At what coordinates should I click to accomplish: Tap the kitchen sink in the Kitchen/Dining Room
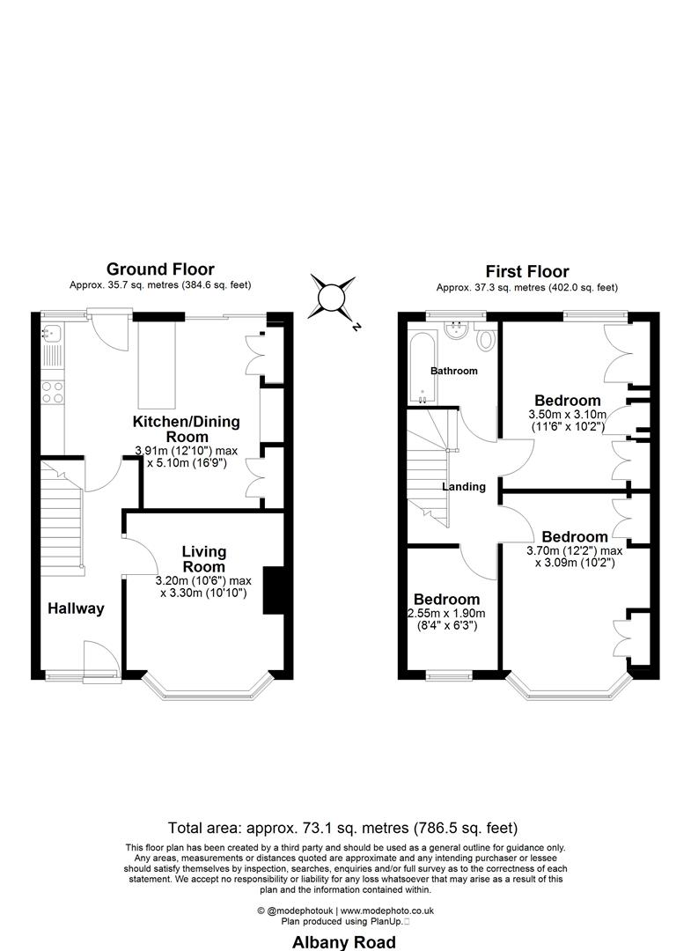click(x=52, y=333)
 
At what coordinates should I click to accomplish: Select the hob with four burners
click(x=53, y=393)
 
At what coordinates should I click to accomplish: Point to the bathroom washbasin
click(x=456, y=330)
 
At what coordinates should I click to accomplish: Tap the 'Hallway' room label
click(x=76, y=608)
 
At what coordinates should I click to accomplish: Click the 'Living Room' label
click(x=203, y=559)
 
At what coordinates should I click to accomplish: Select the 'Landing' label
click(x=464, y=486)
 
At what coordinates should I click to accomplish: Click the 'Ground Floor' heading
click(x=160, y=269)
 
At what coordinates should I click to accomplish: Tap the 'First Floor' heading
click(x=527, y=271)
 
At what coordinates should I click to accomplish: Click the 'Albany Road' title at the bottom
click(x=344, y=942)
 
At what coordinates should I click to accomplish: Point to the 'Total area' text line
click(x=342, y=828)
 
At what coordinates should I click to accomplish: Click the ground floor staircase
click(x=61, y=520)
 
